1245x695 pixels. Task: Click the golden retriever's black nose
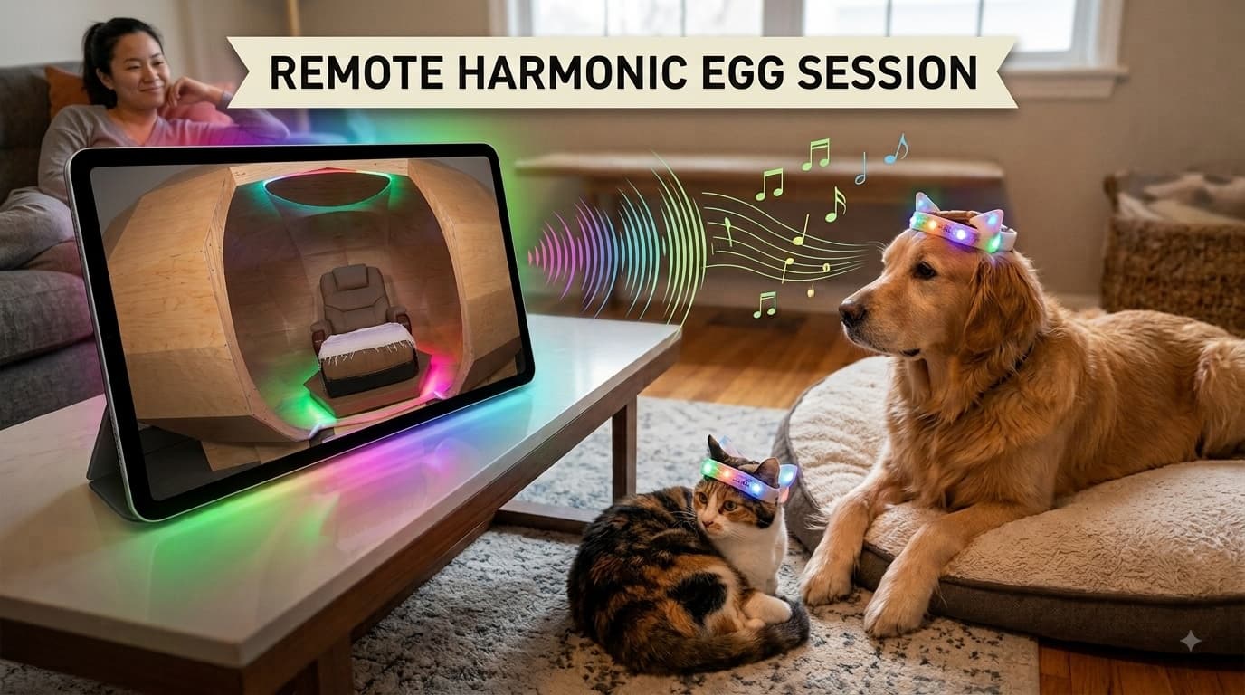coord(851,312)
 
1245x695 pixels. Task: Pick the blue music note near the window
coord(897,148)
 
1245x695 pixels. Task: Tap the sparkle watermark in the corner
coord(1191,641)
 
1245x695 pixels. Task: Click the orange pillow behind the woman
coord(65,90)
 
